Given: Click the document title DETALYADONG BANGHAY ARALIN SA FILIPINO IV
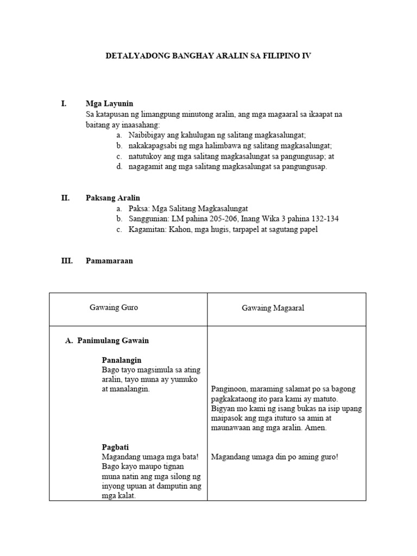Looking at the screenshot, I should (x=208, y=55).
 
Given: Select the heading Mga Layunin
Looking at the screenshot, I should (x=109, y=104).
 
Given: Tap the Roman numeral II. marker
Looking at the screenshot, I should (x=65, y=198).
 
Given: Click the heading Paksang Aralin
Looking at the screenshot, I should (x=113, y=198).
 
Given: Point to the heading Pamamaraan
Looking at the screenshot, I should (x=109, y=261).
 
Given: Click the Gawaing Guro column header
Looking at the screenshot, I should (x=113, y=308).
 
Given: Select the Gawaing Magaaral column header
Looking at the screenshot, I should (x=273, y=308).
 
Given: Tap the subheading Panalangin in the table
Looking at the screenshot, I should (x=122, y=360).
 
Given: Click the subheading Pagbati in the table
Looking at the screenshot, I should (x=115, y=447).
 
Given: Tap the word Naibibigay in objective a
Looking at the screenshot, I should (x=147, y=135).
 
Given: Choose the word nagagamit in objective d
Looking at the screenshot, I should (x=146, y=167).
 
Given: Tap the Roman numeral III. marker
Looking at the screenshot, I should (x=66, y=261).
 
